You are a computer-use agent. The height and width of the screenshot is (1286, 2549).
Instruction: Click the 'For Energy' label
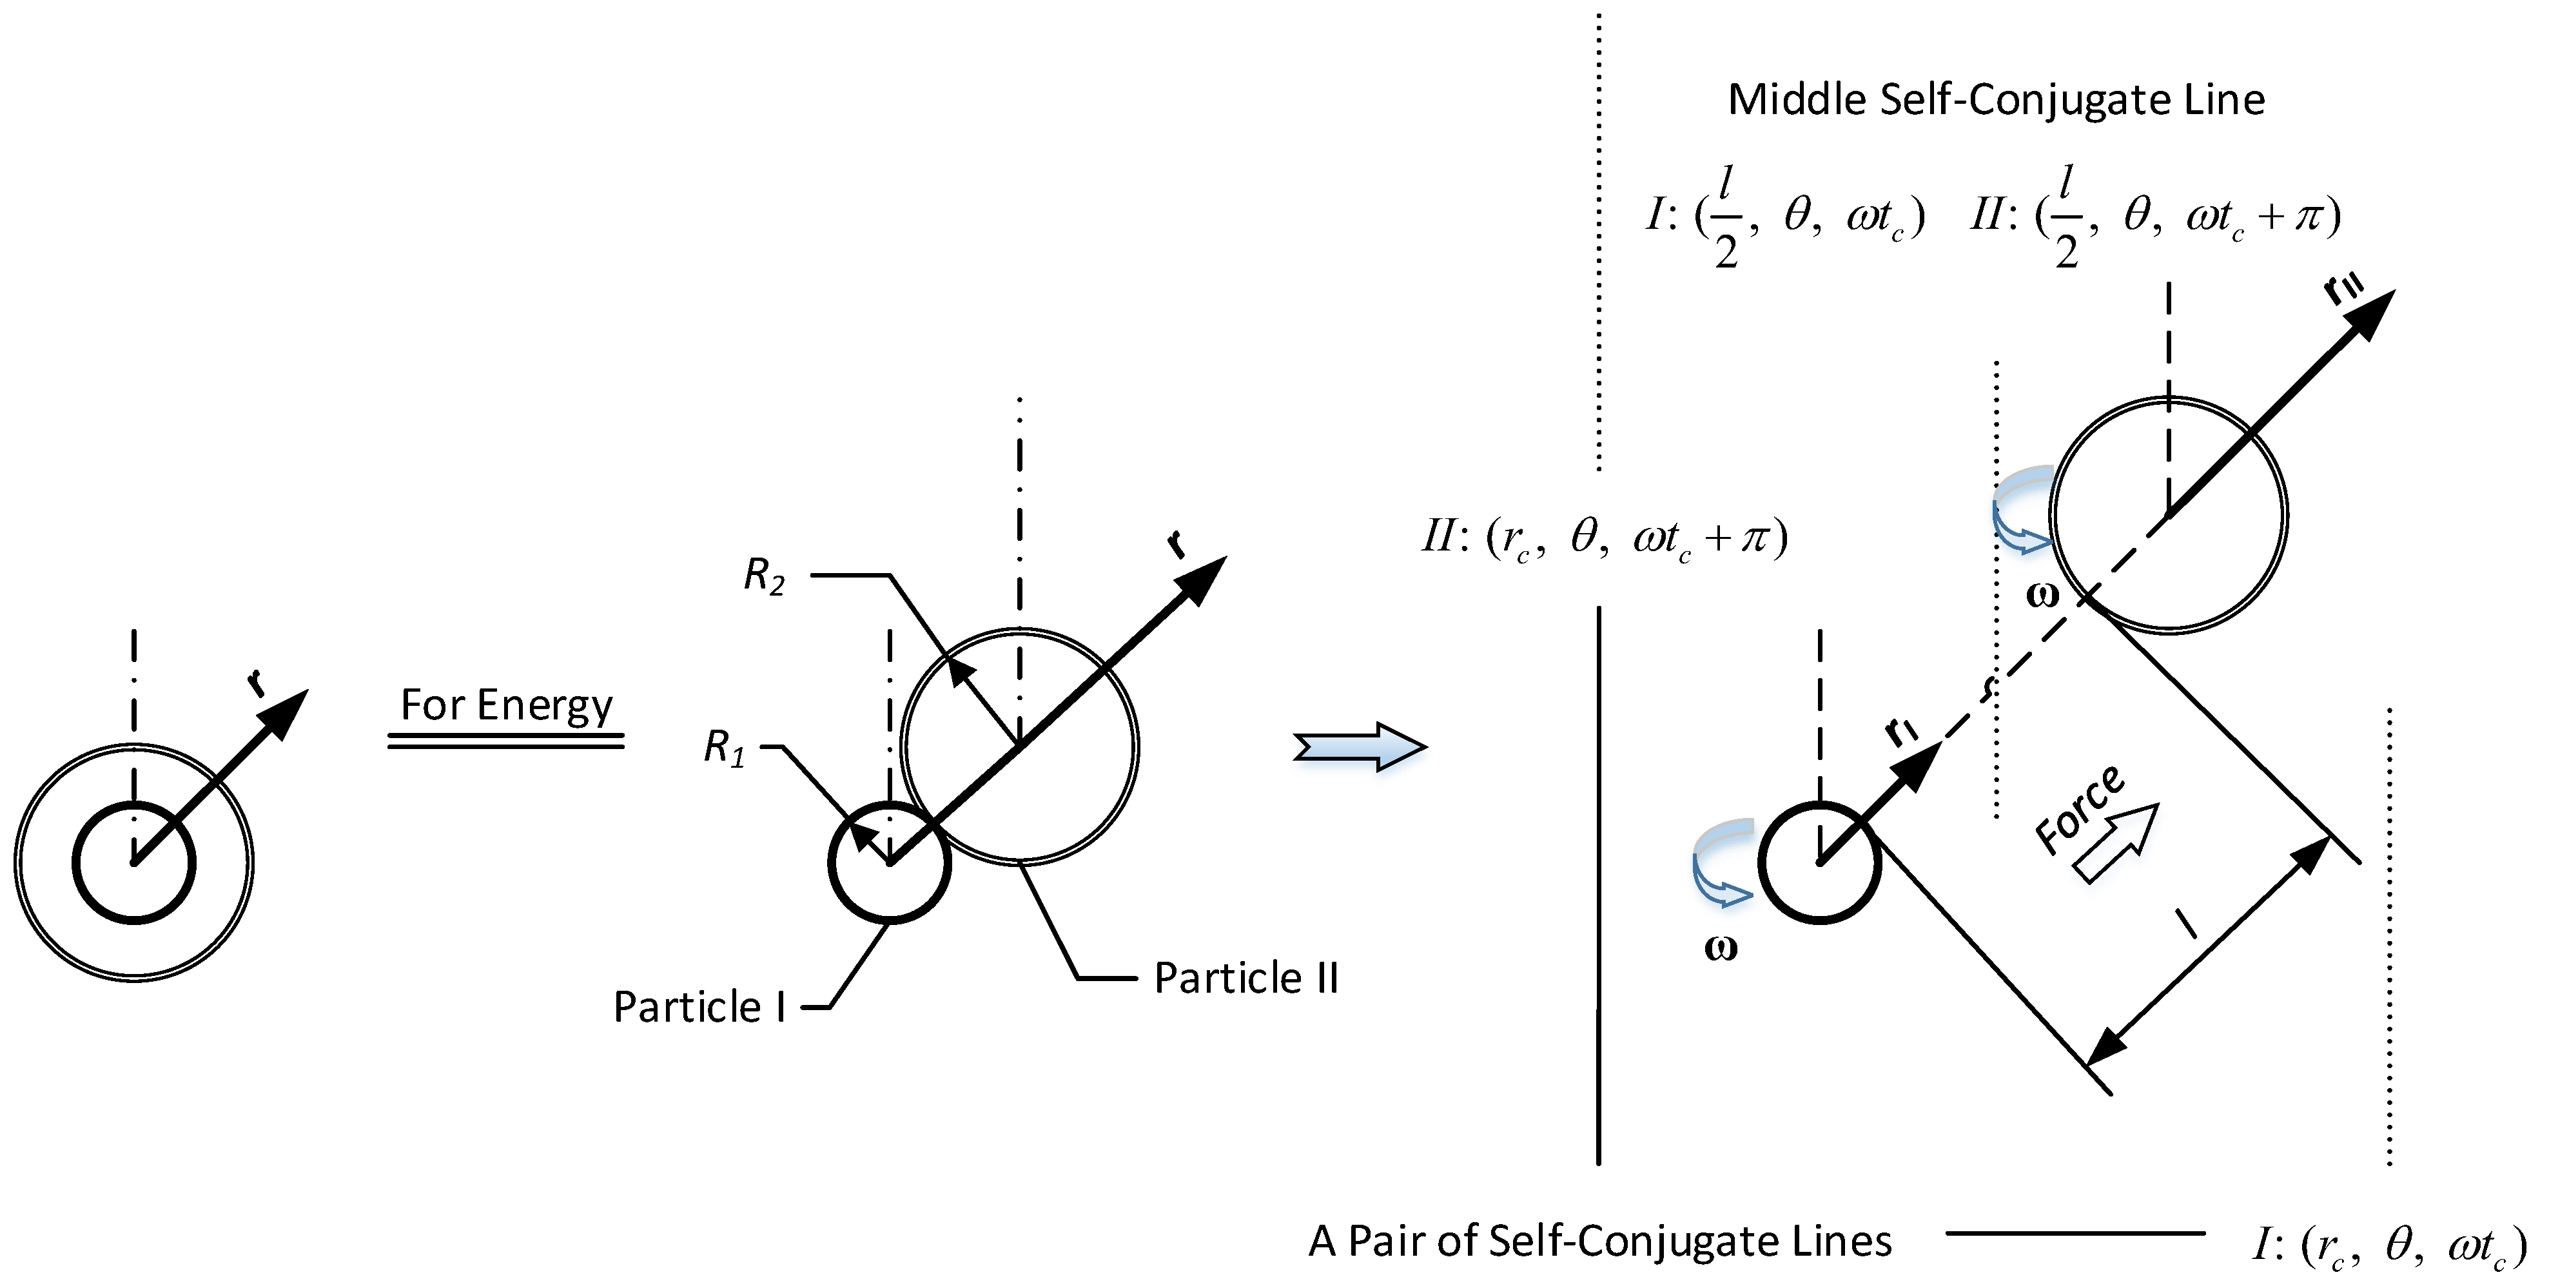click(505, 705)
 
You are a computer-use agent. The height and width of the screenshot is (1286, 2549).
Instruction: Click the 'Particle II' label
click(1245, 979)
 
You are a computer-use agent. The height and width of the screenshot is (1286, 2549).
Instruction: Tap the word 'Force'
click(2078, 809)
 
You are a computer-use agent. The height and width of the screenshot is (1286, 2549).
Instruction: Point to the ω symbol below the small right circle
click(1721, 948)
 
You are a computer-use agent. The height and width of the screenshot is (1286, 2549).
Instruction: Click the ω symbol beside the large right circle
click(2042, 594)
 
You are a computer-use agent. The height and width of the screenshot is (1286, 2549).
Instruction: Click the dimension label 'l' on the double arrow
click(2186, 924)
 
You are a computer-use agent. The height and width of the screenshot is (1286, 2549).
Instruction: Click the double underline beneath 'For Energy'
click(505, 741)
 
